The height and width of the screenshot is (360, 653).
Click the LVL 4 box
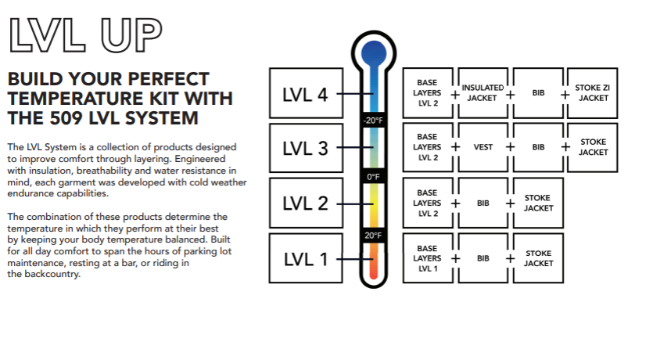[304, 94]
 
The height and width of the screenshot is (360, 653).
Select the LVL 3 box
[304, 147]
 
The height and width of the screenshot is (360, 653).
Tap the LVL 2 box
[304, 203]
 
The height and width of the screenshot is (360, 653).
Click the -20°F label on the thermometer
[372, 121]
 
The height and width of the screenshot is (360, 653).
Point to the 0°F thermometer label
[373, 177]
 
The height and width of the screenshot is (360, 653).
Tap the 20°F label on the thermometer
[373, 235]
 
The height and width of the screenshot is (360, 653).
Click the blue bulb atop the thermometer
[373, 53]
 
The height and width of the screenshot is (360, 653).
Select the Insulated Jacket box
[483, 93]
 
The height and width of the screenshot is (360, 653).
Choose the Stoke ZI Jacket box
[592, 93]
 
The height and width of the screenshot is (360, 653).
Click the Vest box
[483, 147]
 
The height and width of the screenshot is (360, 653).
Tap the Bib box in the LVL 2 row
[483, 203]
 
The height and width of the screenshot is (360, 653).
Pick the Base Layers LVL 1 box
[427, 257]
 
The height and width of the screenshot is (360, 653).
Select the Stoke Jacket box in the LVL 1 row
[538, 257]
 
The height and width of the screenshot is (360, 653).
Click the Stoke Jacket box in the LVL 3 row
[592, 147]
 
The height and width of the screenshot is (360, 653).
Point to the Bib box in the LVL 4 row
[538, 93]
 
